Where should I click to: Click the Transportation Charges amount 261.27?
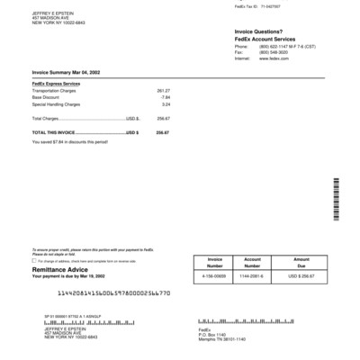click(163, 91)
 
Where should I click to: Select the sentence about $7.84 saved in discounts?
click(70, 140)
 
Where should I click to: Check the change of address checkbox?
click(34, 262)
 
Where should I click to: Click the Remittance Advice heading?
click(61, 269)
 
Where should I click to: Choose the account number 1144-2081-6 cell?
click(252, 275)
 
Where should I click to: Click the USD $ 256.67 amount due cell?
click(301, 275)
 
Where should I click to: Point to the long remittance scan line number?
click(113, 293)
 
